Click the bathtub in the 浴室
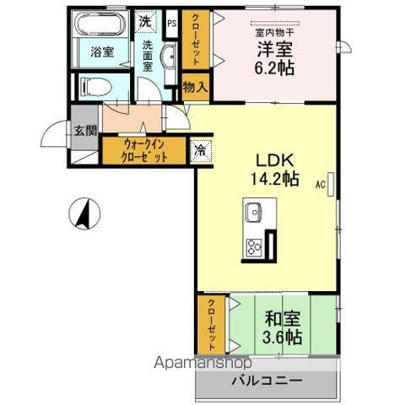[100, 24]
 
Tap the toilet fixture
[96, 86]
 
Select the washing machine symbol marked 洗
[145, 22]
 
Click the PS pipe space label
[172, 24]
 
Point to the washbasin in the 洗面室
[168, 57]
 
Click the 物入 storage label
[196, 87]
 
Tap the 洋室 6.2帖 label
[274, 58]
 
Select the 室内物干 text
[274, 33]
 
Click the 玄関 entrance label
[85, 130]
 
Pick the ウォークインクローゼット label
[144, 151]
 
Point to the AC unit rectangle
[331, 184]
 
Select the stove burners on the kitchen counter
[254, 247]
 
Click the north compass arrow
[84, 213]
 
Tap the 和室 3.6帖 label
[283, 327]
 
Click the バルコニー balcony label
[267, 381]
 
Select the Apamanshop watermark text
[202, 363]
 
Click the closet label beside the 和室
[212, 325]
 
